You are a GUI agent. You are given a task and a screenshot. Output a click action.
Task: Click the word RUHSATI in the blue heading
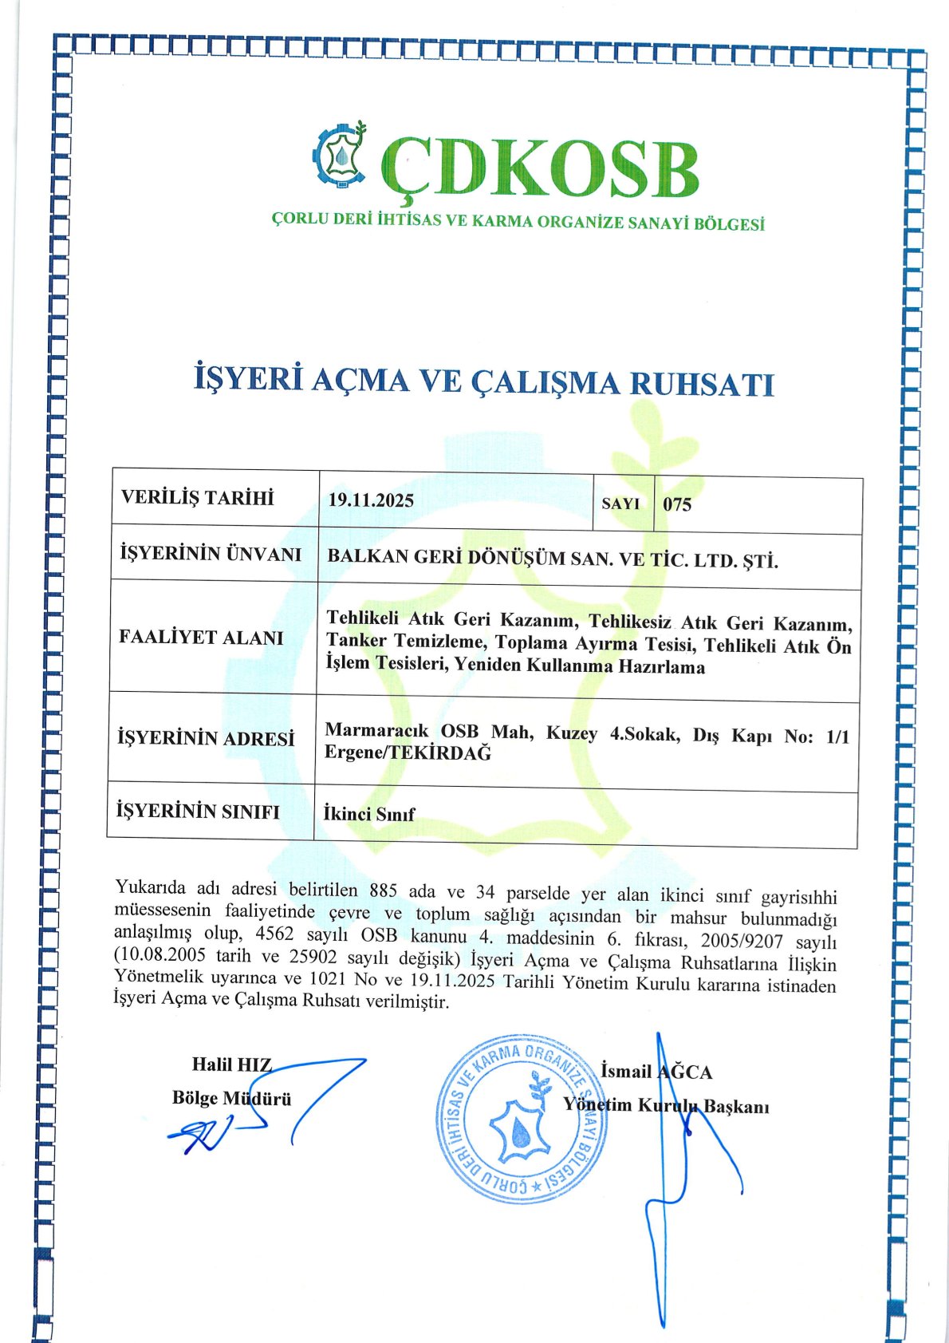pos(702,384)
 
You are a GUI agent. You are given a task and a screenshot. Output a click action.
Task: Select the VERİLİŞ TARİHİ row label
pos(197,498)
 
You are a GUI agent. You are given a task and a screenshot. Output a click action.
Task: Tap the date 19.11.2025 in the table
pos(371,500)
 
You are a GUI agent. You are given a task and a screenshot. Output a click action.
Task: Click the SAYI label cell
pos(620,504)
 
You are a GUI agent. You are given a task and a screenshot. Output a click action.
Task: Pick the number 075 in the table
pos(677,504)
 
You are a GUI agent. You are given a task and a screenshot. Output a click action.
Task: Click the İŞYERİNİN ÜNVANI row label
pos(211,553)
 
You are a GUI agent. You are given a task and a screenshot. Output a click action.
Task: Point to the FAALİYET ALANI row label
pos(201,637)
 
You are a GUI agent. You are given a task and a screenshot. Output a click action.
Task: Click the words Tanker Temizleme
pos(406,641)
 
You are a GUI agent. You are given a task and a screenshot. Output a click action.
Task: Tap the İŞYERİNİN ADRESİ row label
pos(206,738)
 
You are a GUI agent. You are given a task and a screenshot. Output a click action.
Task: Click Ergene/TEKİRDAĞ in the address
pos(408,752)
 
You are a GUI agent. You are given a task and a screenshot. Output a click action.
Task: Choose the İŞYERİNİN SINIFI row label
pos(198,812)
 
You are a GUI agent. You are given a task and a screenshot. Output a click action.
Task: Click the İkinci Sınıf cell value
pos(369,814)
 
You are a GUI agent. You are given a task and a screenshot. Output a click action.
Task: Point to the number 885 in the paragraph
pos(384,891)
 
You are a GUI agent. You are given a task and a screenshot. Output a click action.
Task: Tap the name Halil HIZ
pos(231,1065)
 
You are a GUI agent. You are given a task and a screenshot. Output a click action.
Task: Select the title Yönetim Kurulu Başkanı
pos(666,1106)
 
